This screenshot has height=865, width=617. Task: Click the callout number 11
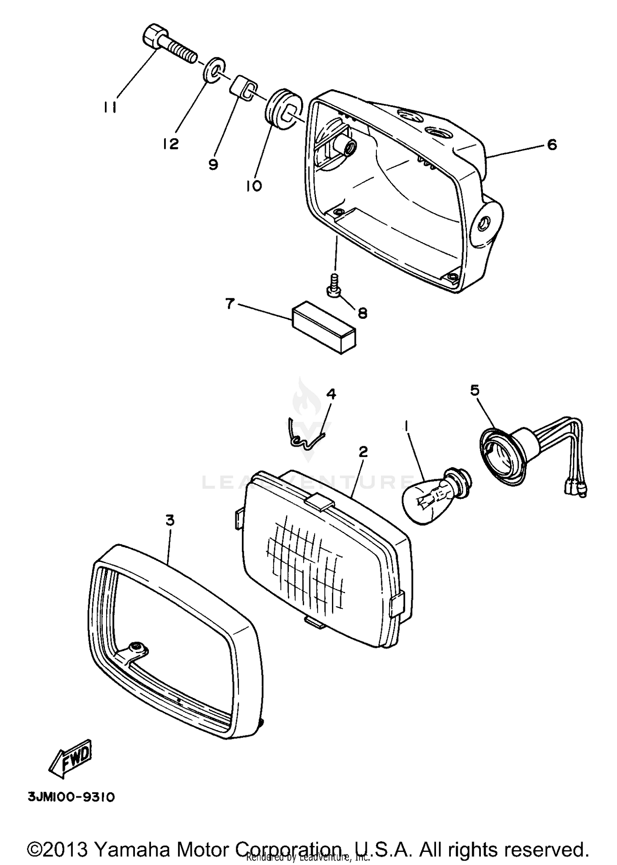click(x=110, y=107)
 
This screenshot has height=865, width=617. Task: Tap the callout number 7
click(x=230, y=304)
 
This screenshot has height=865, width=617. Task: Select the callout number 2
click(x=363, y=452)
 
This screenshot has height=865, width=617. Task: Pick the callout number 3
click(x=170, y=520)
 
